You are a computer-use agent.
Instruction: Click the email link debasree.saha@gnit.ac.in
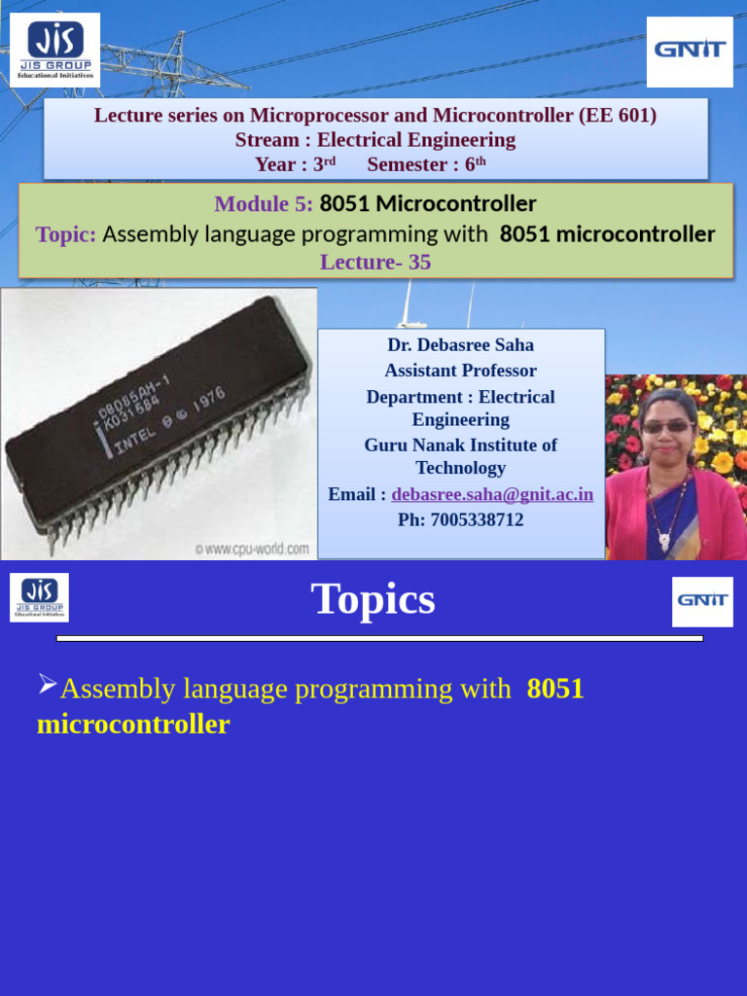tap(492, 494)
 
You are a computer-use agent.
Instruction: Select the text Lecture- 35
tap(375, 263)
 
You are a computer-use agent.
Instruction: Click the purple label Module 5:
tap(264, 204)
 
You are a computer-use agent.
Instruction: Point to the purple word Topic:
tap(66, 234)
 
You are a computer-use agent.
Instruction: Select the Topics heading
tap(373, 599)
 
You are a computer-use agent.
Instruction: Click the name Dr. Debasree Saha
tap(460, 345)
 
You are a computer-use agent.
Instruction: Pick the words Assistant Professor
tap(460, 371)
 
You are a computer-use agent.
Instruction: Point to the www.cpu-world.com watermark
tap(252, 550)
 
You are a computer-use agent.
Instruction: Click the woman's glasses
tap(666, 427)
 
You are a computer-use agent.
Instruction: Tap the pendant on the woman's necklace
tap(664, 541)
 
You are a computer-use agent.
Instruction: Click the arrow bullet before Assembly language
tap(48, 686)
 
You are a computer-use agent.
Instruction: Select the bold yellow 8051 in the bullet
tap(555, 689)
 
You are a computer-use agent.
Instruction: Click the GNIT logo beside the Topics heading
tap(702, 601)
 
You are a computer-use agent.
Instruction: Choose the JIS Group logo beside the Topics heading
tap(39, 597)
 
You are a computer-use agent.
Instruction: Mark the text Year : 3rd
tap(295, 164)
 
